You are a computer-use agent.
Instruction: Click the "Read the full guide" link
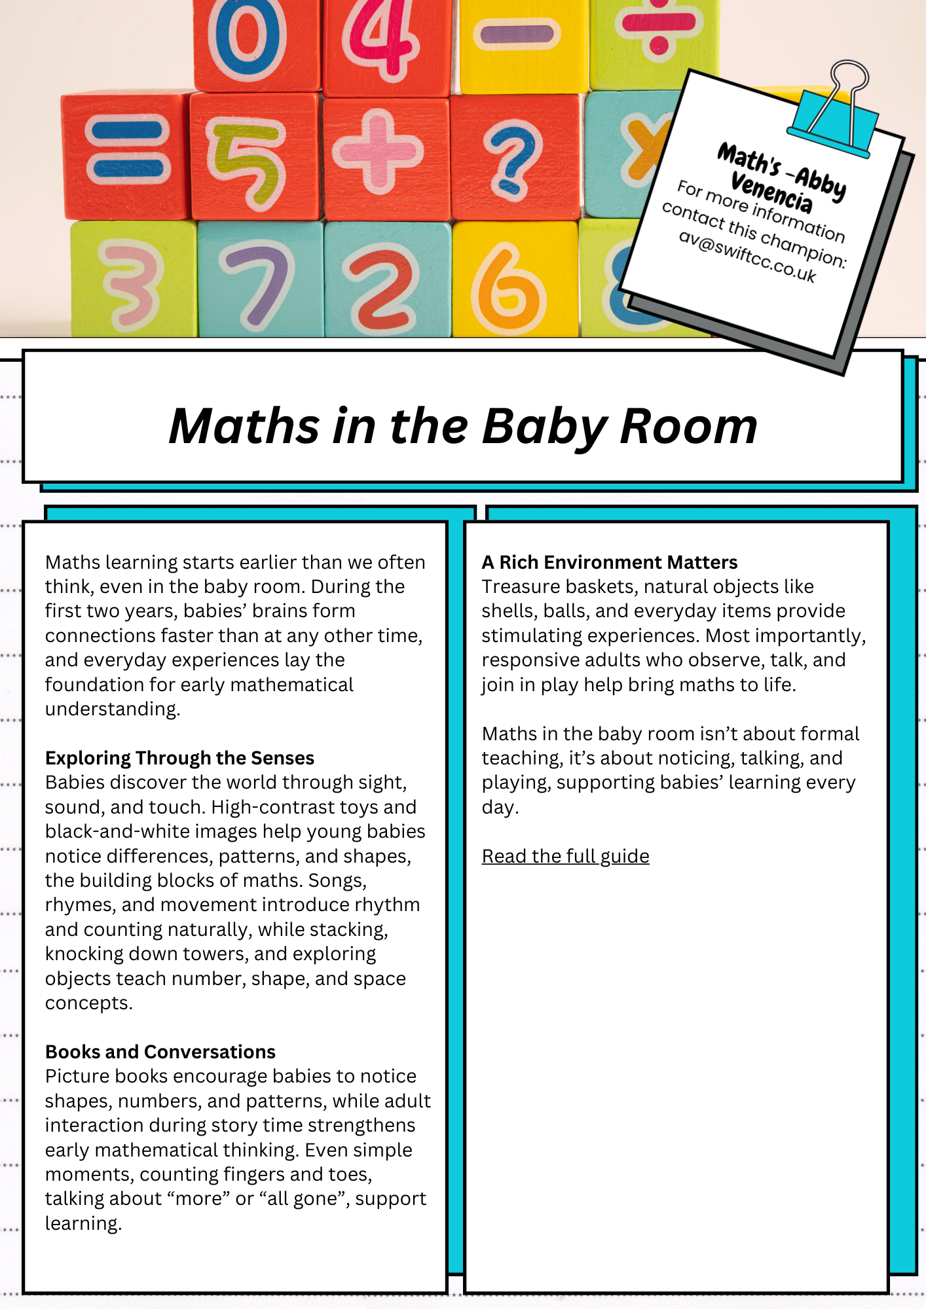565,856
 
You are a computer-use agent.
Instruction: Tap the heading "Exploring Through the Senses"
179,758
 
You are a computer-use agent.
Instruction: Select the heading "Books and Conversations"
160,1052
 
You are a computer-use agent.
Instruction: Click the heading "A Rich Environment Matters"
610,562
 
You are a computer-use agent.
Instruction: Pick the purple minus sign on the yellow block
517,34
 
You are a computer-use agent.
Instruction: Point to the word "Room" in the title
688,427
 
